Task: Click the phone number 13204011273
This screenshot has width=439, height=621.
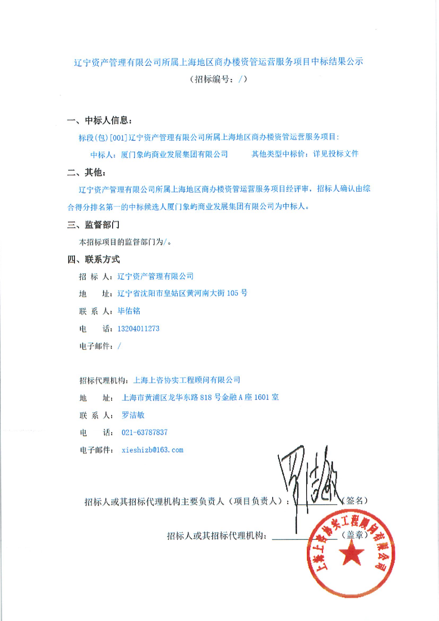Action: (x=138, y=329)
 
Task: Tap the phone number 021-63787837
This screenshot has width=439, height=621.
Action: (x=144, y=433)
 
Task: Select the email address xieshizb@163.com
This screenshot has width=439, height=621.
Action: (x=152, y=450)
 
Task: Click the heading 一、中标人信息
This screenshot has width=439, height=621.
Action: (x=100, y=120)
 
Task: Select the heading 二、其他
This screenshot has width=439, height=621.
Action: (x=86, y=172)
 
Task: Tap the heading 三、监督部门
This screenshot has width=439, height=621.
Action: (x=94, y=225)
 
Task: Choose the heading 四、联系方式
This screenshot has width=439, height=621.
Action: (x=94, y=260)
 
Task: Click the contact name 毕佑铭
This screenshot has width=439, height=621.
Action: (x=129, y=311)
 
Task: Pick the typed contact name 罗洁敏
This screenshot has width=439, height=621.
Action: (x=133, y=415)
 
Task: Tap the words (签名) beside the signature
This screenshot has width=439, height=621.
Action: (x=355, y=501)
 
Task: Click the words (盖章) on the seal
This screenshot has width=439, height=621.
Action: (x=354, y=535)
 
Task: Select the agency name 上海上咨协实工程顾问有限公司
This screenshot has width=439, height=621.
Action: (x=187, y=380)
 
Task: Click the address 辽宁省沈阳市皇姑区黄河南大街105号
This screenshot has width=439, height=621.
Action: (x=182, y=294)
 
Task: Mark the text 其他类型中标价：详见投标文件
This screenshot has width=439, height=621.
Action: (x=305, y=154)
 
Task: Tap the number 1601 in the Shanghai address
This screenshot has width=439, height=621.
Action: (x=261, y=397)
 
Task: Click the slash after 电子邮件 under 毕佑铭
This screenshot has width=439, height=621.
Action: (x=119, y=346)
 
